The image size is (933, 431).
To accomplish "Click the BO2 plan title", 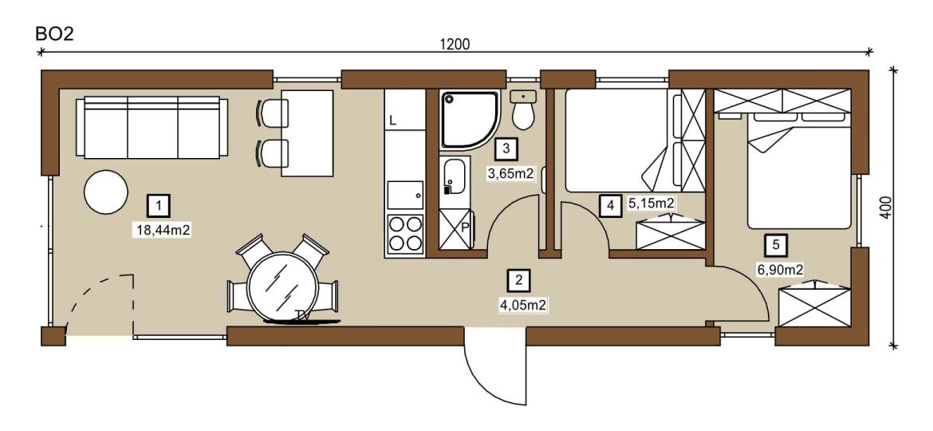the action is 55,34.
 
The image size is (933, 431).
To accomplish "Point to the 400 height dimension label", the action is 886,208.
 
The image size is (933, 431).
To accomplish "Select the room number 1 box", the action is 159,206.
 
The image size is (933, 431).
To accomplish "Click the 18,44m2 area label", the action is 163,231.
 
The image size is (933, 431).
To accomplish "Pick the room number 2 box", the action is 519,279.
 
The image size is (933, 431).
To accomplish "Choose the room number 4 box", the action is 610,206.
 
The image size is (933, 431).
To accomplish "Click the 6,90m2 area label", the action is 780,270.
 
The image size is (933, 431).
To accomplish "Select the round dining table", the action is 282,287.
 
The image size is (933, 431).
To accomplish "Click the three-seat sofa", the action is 152,128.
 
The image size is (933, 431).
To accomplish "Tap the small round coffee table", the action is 106,192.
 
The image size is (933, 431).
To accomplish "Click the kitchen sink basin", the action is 405,196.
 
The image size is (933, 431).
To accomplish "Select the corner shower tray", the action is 470,120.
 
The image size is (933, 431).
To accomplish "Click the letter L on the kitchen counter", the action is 393,121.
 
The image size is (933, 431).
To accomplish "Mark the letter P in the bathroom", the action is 466,227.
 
